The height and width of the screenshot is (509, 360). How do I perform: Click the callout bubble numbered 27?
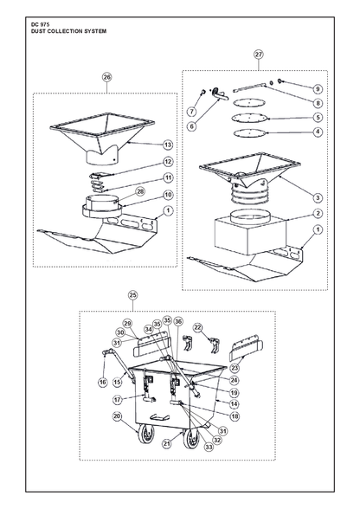[259, 55]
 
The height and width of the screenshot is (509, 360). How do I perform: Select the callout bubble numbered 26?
[106, 77]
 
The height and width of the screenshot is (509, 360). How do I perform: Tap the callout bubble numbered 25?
[132, 295]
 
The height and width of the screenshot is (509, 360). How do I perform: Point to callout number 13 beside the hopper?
[168, 145]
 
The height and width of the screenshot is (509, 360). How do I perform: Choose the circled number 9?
[318, 89]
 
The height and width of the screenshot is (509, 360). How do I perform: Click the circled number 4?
[318, 132]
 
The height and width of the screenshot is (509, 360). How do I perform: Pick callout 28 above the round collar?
[140, 191]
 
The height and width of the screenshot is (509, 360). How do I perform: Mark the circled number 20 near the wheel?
[117, 416]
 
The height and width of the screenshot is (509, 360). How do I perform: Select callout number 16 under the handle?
[103, 382]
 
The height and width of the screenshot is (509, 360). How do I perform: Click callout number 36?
[178, 322]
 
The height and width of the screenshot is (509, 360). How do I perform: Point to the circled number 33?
[209, 447]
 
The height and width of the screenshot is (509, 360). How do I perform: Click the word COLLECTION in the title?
[64, 31]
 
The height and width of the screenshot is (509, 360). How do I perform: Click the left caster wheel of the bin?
[146, 434]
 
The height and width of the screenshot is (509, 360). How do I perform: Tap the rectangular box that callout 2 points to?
[250, 235]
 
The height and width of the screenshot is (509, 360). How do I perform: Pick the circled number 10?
[168, 195]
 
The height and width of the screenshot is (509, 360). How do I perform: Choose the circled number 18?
[234, 416]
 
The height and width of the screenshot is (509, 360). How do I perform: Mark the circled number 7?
[192, 112]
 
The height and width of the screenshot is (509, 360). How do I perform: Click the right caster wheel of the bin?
[191, 438]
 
